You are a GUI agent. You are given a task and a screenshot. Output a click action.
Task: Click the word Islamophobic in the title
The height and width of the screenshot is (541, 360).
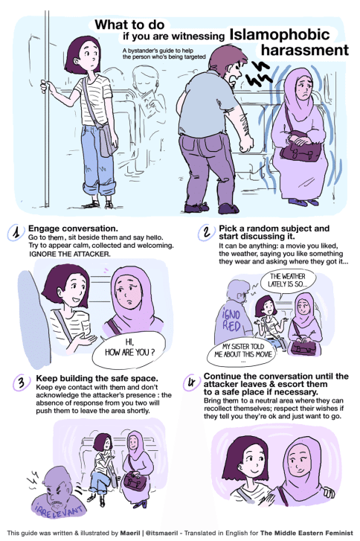pyautogui.click(x=280, y=34)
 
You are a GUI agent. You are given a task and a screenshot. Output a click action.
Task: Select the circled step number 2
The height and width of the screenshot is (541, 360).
pyautogui.click(x=207, y=232)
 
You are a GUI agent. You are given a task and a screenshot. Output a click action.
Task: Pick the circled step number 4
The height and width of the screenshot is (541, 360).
pyautogui.click(x=192, y=382)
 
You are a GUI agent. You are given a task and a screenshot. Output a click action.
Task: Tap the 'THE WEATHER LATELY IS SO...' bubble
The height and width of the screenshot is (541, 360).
pyautogui.click(x=287, y=280)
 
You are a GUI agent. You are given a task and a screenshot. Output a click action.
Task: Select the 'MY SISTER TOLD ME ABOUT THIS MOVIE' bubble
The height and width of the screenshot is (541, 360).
pyautogui.click(x=242, y=352)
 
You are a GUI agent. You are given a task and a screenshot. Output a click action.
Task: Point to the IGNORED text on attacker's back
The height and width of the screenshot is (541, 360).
pyautogui.click(x=231, y=320)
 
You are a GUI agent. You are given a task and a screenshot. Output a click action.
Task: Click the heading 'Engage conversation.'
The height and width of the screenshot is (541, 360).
pyautogui.click(x=73, y=228)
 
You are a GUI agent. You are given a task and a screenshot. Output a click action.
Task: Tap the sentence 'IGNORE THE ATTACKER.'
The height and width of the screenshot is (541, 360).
pyautogui.click(x=70, y=255)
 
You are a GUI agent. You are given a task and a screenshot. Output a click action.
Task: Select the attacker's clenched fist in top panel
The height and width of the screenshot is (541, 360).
pyautogui.click(x=246, y=144)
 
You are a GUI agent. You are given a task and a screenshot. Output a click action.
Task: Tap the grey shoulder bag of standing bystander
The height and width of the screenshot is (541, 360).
pyautogui.click(x=107, y=141)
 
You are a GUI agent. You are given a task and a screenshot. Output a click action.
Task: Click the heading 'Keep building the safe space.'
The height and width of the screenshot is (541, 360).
pyautogui.click(x=97, y=378)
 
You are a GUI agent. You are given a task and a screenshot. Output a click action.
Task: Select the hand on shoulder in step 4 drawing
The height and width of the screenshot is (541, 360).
pyautogui.click(x=328, y=492)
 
